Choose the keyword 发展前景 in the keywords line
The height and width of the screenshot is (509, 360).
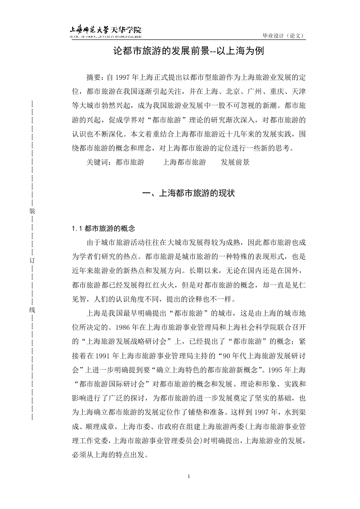[x=235, y=162]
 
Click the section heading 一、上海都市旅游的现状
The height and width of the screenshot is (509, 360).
[x=188, y=193]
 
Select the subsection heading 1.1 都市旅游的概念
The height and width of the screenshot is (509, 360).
[x=104, y=228]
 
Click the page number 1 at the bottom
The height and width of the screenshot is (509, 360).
[x=188, y=476]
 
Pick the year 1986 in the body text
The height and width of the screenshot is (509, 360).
[x=124, y=325]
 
